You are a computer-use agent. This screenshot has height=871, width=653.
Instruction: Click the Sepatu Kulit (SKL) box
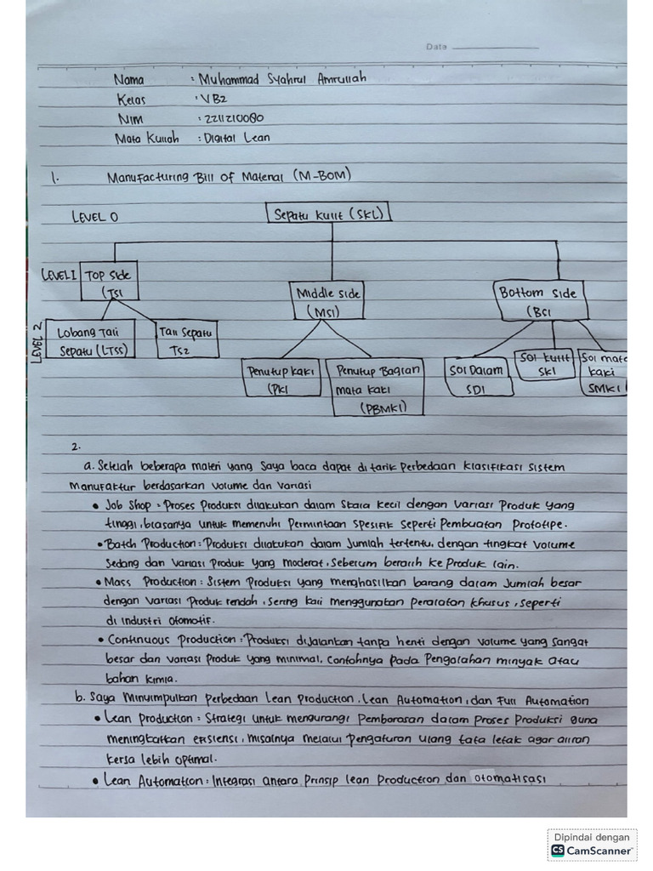[x=329, y=214]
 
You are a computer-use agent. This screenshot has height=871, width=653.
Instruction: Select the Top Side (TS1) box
[x=109, y=284]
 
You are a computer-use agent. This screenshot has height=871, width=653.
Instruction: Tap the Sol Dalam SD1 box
[x=478, y=379]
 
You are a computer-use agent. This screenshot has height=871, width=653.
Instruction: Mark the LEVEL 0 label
[x=95, y=217]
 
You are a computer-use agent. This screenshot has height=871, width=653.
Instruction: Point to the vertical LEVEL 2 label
[x=37, y=342]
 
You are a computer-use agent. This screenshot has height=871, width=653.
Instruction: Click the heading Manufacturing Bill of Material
[x=229, y=177]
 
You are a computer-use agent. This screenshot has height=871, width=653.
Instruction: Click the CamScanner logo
[x=592, y=850]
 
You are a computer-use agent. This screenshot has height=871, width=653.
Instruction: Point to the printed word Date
[x=436, y=47]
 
